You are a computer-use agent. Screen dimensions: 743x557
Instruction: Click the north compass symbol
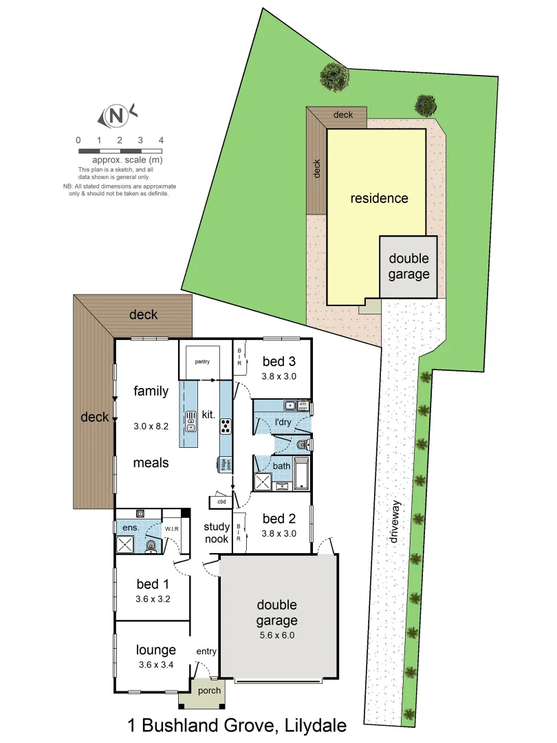[118, 116]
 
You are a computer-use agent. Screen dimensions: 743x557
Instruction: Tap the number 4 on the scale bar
[161, 140]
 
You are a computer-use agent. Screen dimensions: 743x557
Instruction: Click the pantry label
[201, 361]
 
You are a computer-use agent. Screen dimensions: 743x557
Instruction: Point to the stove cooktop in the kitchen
[225, 427]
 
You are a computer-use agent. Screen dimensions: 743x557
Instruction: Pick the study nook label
[217, 533]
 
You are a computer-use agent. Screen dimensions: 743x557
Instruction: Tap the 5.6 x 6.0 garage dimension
[276, 635]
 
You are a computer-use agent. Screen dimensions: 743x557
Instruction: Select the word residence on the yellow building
[379, 199]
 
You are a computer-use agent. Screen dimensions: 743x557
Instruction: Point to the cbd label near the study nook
[221, 502]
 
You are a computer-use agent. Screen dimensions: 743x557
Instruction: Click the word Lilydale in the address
[312, 725]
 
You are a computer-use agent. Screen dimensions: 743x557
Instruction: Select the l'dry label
[282, 421]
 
